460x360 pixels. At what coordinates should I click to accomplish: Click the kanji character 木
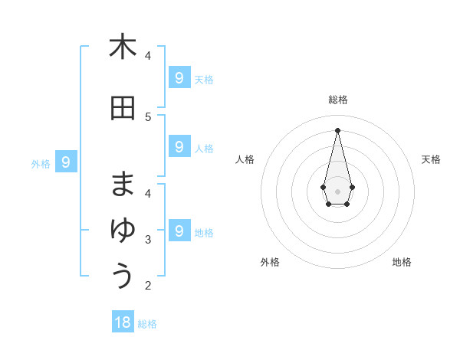[x=123, y=47]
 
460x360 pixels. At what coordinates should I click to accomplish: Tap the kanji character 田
[x=123, y=108]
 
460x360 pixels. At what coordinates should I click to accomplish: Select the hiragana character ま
[x=123, y=185]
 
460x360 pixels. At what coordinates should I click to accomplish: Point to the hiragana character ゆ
[x=123, y=231]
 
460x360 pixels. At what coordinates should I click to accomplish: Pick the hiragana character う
[x=123, y=276]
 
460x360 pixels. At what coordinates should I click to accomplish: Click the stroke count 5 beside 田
[x=148, y=117]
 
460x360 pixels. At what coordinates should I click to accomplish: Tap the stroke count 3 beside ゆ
[x=148, y=240]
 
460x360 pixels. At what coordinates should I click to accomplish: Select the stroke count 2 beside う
[x=148, y=286]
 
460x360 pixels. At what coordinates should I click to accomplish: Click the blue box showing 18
[x=123, y=322]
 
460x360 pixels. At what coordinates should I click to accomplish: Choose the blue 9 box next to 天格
[x=179, y=77]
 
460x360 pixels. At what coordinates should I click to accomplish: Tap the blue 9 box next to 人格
[x=179, y=146]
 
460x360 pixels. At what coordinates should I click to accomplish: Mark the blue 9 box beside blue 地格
[x=179, y=231]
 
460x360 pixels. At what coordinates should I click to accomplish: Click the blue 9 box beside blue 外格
[x=67, y=162]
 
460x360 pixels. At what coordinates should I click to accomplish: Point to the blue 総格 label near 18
[x=147, y=324]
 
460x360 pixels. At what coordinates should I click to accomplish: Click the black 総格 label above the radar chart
[x=338, y=100]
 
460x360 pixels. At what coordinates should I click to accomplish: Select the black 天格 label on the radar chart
[x=431, y=159]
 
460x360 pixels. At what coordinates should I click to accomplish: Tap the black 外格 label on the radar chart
[x=270, y=262]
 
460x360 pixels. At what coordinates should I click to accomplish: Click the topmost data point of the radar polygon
[x=338, y=129]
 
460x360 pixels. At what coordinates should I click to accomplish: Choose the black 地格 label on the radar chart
[x=402, y=262]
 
